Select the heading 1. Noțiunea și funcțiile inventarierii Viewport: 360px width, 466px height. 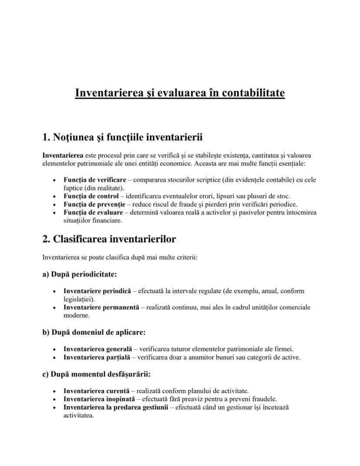pyautogui.click(x=123, y=137)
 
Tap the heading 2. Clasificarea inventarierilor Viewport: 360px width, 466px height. pyautogui.click(x=109, y=239)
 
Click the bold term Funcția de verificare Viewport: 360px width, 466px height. pyautogui.click(x=95, y=180)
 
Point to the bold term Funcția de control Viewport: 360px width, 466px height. pyautogui.click(x=91, y=196)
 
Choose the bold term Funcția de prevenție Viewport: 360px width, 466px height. pyautogui.click(x=94, y=204)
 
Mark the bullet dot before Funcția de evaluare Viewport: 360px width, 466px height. pyautogui.click(x=54, y=213)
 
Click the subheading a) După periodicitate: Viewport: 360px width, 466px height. pyautogui.click(x=80, y=274)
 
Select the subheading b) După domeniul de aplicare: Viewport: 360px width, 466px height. pyautogui.click(x=94, y=332)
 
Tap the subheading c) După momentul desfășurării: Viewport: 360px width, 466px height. pyautogui.click(x=97, y=374)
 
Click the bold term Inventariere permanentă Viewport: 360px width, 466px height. pyautogui.click(x=101, y=307)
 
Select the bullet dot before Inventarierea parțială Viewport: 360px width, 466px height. pyautogui.click(x=54, y=358)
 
